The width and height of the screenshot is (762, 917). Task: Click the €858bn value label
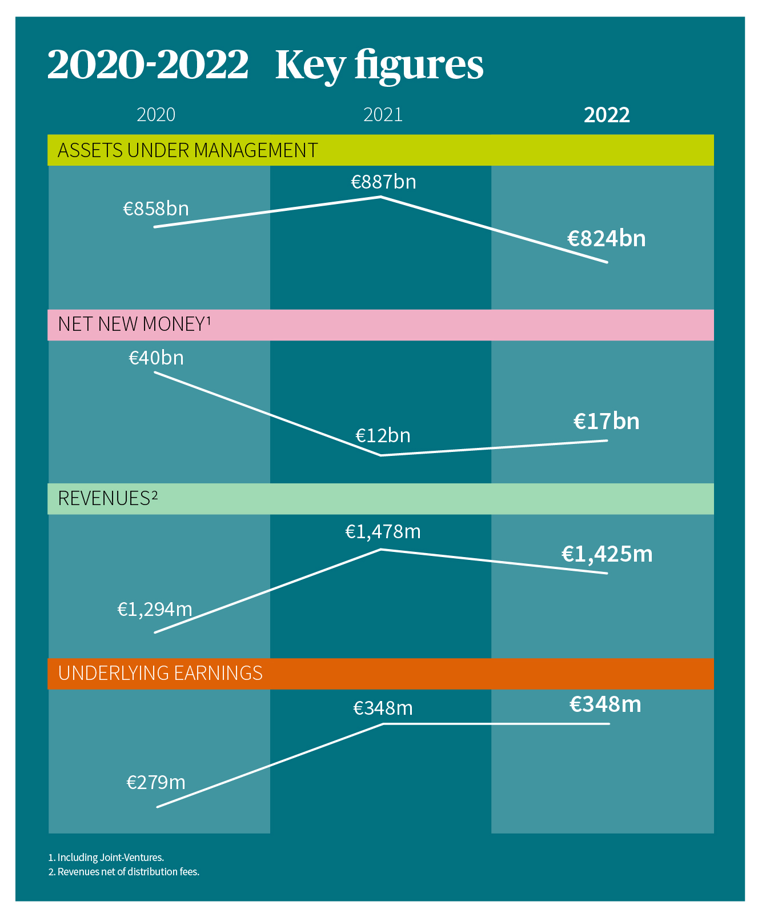click(156, 209)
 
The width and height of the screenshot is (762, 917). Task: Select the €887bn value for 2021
click(383, 182)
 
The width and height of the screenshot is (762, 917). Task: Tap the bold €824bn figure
click(606, 238)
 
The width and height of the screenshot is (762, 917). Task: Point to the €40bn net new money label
click(156, 358)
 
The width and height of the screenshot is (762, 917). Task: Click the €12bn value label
click(383, 435)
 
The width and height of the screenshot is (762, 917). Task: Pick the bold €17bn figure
click(606, 421)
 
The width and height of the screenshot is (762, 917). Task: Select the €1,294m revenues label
click(155, 609)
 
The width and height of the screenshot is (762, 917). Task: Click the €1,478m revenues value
click(383, 532)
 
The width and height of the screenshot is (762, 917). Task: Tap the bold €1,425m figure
click(607, 554)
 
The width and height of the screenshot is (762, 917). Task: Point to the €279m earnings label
click(156, 782)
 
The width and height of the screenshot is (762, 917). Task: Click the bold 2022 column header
click(607, 115)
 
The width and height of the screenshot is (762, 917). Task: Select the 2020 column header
click(156, 115)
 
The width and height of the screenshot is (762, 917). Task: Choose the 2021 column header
click(383, 115)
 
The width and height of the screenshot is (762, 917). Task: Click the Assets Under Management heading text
click(187, 150)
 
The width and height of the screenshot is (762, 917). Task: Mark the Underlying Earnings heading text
click(160, 673)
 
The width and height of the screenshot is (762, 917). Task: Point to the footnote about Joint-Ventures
click(106, 857)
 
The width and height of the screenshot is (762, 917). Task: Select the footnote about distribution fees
click(124, 871)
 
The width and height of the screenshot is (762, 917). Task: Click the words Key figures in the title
click(379, 65)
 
